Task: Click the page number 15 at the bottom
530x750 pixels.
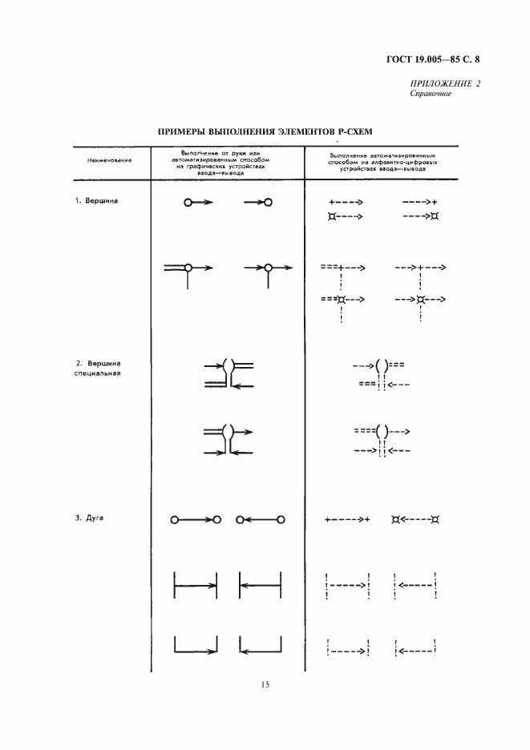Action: pyautogui.click(x=265, y=683)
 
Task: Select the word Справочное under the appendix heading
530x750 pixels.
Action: pyautogui.click(x=431, y=94)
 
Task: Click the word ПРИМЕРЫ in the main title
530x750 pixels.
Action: pyautogui.click(x=181, y=131)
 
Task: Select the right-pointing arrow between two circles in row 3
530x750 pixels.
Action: pyautogui.click(x=196, y=520)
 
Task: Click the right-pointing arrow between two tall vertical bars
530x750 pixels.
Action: pyautogui.click(x=196, y=586)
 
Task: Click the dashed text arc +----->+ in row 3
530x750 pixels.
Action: pyautogui.click(x=347, y=519)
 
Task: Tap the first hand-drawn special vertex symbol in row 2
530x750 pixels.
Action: pyautogui.click(x=229, y=374)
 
